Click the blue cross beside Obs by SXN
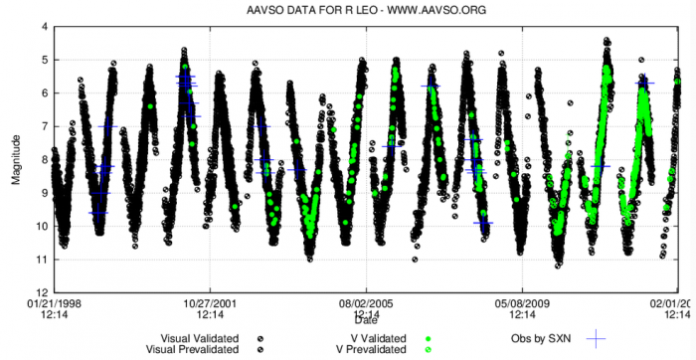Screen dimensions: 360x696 (596, 338)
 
